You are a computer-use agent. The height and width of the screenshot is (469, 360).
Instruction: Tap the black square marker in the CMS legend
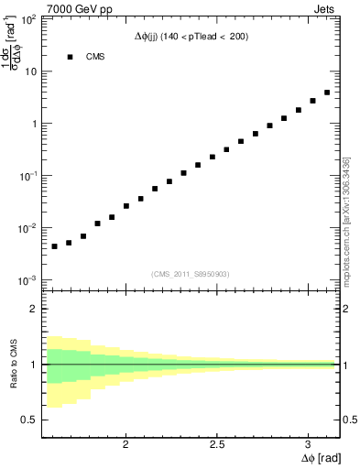[69, 57]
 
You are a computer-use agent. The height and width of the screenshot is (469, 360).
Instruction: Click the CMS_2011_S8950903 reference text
[191, 273]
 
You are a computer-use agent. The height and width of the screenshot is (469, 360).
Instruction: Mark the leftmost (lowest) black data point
[55, 246]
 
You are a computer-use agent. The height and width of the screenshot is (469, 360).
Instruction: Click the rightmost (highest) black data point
[327, 93]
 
